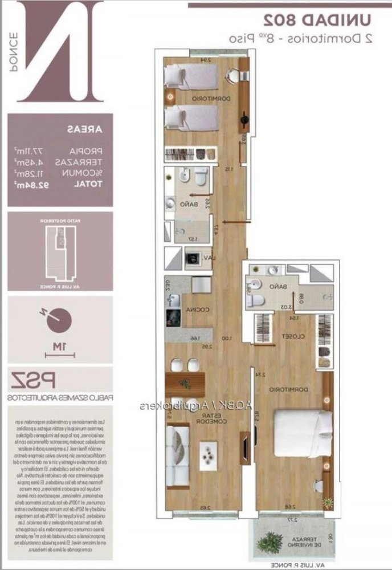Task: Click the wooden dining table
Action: (184, 381)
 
